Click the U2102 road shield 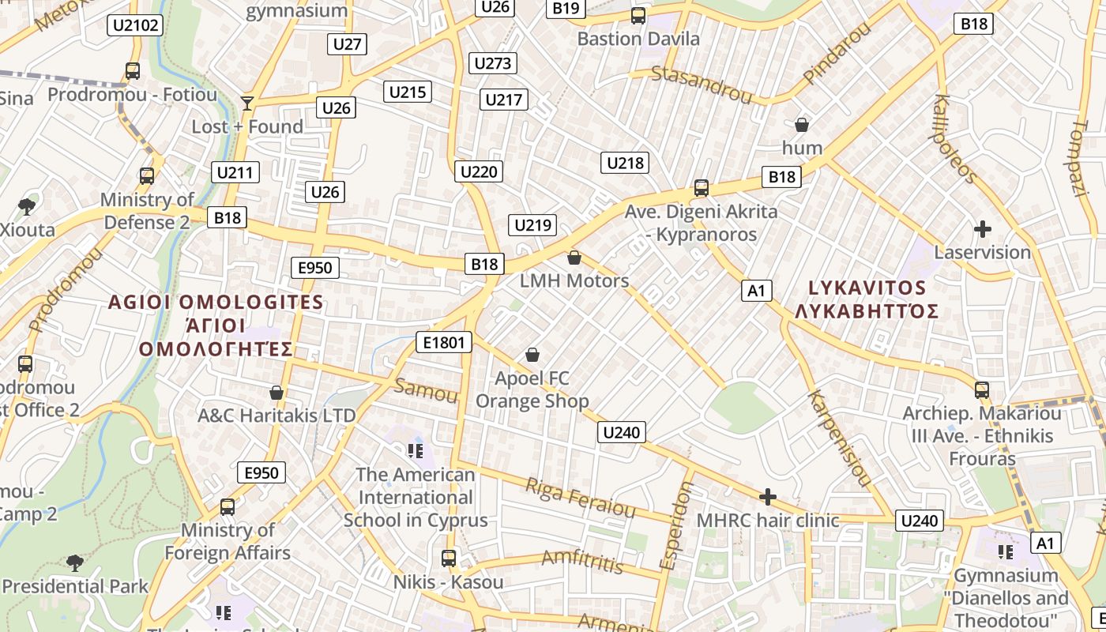point(135,25)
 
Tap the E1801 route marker point(444,342)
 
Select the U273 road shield point(493,63)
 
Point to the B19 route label point(566,8)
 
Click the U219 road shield point(532,225)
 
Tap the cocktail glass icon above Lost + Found point(247,103)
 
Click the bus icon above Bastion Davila point(638,16)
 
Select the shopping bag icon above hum point(802,125)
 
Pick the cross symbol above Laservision point(983,230)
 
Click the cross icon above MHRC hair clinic point(767,497)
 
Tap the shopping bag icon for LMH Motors point(574,258)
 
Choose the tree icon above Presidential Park point(75,563)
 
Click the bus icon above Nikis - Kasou point(449,559)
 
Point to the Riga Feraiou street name point(581,498)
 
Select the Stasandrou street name point(701,85)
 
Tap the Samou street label point(426,389)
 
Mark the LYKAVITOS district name point(867,288)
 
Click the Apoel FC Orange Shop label point(532,390)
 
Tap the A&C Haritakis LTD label point(276,415)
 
